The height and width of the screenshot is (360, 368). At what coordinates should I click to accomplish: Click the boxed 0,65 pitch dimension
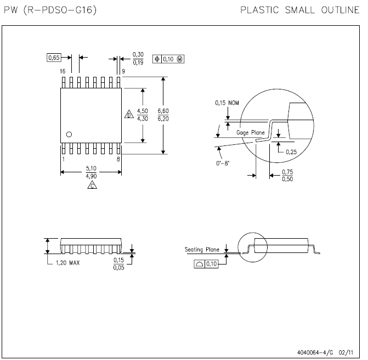tap(54, 58)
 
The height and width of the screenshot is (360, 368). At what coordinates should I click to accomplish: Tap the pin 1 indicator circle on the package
tap(69, 134)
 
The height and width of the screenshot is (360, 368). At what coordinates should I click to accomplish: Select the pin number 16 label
tap(63, 71)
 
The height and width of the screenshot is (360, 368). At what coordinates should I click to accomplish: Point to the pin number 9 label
tap(123, 71)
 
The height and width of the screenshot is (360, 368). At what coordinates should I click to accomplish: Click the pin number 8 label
tap(118, 159)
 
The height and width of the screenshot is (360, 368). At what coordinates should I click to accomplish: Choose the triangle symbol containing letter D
tap(129, 114)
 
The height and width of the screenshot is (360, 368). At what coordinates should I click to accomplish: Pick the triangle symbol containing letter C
tap(92, 185)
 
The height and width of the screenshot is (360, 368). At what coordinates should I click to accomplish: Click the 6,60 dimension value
tap(163, 111)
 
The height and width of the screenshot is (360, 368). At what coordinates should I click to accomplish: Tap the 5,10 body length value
tap(91, 168)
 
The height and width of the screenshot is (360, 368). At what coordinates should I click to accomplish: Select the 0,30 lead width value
tap(138, 54)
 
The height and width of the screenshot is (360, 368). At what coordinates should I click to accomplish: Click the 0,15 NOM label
tap(227, 103)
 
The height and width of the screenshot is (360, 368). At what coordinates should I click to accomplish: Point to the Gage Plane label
tap(251, 133)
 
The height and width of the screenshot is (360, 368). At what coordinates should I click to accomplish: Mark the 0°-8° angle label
tap(223, 163)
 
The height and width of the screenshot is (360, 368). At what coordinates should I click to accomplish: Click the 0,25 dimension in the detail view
tap(291, 152)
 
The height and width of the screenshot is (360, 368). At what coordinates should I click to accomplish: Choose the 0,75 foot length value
tap(287, 172)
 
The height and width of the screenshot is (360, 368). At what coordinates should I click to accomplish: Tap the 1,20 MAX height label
tap(68, 263)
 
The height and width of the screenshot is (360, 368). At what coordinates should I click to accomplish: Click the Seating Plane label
tap(202, 249)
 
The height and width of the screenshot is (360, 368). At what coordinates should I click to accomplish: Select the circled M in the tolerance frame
tap(179, 59)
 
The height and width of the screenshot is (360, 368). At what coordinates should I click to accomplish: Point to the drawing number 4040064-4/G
tap(315, 352)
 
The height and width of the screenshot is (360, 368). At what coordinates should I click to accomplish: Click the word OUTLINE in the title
tap(341, 10)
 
